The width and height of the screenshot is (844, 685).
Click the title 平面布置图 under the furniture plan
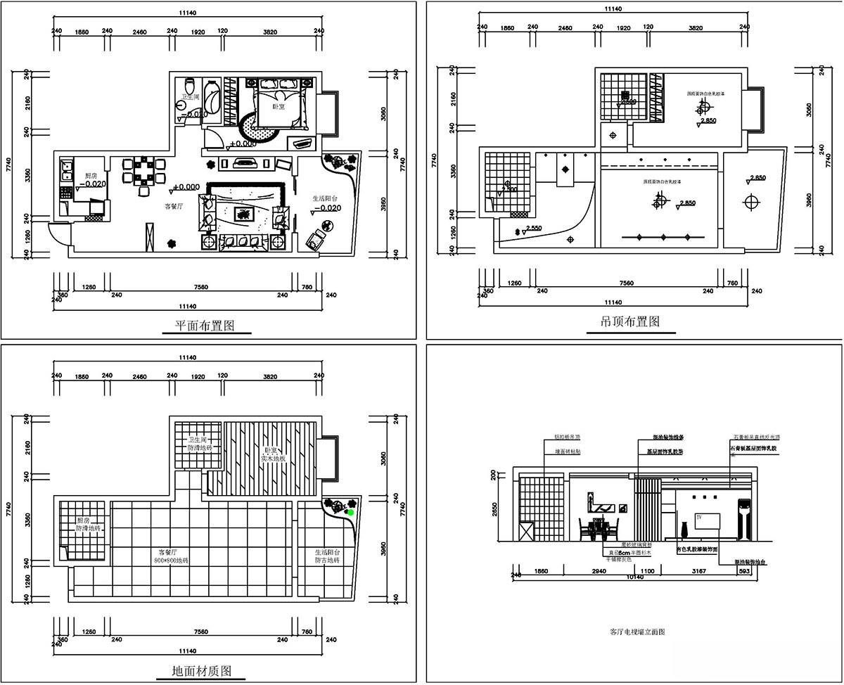204,326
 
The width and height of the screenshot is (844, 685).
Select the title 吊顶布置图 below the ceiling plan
629,321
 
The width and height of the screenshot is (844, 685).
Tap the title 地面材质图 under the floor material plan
202,670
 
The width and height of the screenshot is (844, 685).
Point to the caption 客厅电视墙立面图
637,632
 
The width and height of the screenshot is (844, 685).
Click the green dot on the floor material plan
350,513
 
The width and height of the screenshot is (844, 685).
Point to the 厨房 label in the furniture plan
90,176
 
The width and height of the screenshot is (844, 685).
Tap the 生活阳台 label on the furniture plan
327,199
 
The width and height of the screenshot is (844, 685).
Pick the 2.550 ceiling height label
533,229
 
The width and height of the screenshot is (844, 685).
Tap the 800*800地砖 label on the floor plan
172,561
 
